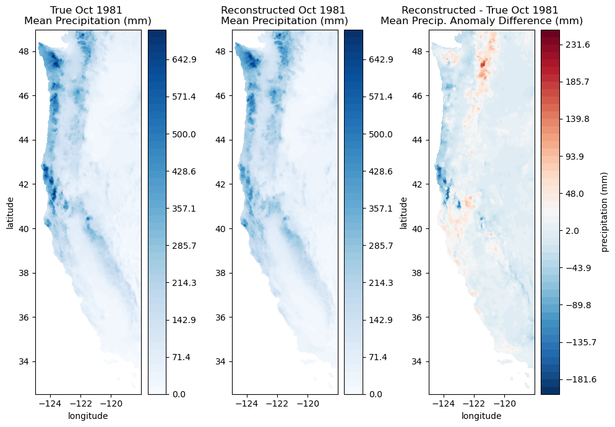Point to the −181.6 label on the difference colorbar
coord(578,379)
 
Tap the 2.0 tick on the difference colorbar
coord(572,231)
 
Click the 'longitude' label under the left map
coord(88,416)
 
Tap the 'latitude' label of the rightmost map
coord(404,212)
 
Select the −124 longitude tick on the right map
coord(444,404)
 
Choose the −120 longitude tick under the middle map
coord(307,404)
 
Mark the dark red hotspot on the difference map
coord(483,63)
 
